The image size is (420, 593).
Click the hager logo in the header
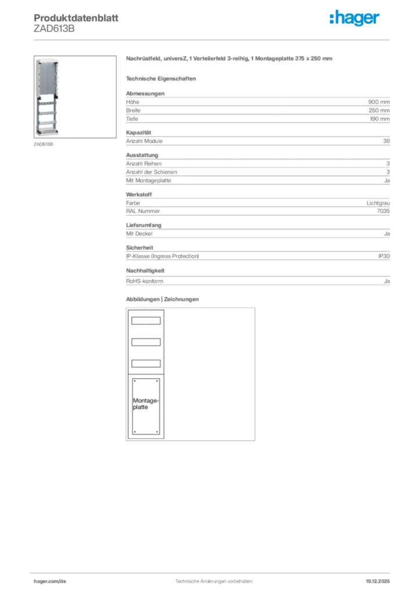point(354,19)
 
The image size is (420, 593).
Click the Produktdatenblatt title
point(76,18)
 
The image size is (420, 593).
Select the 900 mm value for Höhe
point(380,102)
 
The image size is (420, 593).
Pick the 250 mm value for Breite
point(380,110)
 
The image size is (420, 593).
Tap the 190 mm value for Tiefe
point(380,119)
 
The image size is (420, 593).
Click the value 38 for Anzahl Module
point(386,141)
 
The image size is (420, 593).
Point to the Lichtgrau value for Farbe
point(378,203)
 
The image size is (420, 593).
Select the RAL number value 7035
point(383,211)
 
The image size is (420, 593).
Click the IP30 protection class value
point(383,256)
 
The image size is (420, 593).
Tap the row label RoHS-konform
point(144,281)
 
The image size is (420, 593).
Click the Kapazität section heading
point(139,133)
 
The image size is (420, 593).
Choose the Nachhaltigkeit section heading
point(145,270)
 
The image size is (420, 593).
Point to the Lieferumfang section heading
point(143,225)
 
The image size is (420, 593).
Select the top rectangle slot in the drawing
point(146,321)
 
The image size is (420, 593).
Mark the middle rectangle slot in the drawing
point(146,342)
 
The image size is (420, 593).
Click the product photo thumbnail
point(75,97)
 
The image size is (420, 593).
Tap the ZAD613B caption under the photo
point(44,144)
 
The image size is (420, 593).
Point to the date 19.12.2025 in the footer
point(378,581)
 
